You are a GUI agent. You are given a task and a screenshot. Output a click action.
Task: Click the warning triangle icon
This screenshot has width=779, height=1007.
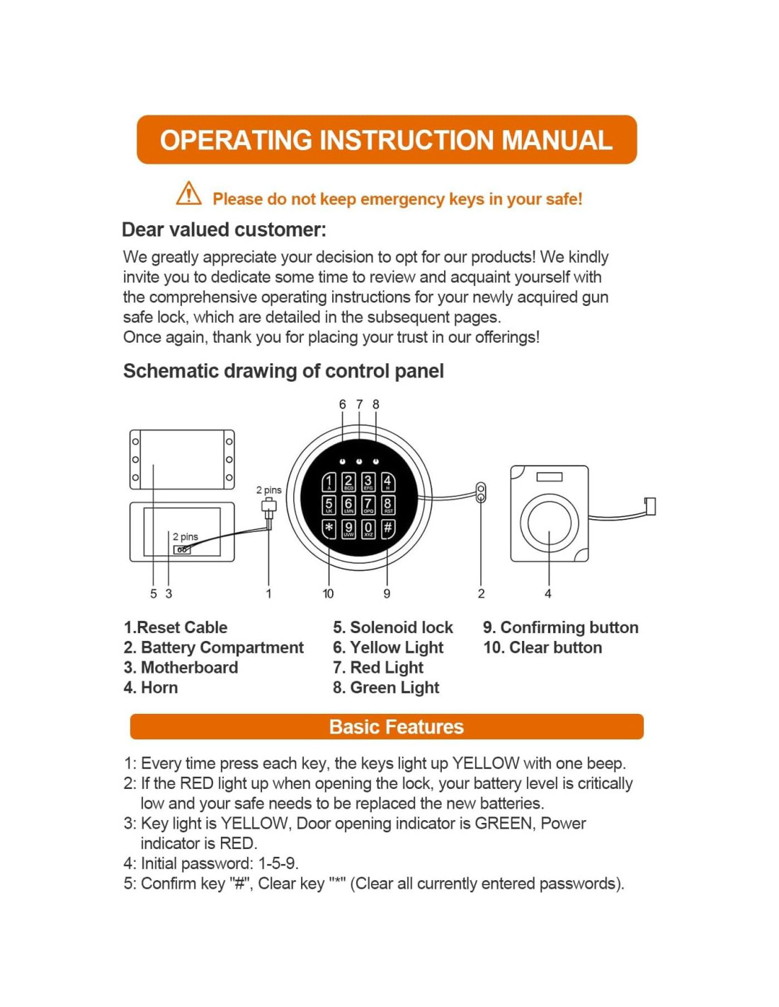(x=188, y=193)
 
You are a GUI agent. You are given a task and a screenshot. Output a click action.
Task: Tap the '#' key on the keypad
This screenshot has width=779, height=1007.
(x=387, y=528)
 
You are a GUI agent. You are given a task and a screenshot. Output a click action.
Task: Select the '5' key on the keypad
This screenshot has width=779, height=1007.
(x=329, y=505)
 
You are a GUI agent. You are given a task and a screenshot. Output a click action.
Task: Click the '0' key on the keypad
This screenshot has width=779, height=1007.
(x=368, y=528)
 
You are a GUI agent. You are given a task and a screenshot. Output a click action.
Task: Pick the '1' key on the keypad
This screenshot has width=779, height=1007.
(x=329, y=482)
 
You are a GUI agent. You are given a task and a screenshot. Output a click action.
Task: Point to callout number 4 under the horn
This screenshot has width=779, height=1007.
(x=548, y=593)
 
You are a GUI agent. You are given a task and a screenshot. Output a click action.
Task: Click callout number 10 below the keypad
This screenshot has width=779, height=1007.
(x=328, y=593)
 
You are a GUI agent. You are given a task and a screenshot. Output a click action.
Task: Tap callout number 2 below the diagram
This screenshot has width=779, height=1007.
(x=482, y=593)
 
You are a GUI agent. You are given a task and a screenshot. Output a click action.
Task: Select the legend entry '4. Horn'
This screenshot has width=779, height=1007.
(x=151, y=688)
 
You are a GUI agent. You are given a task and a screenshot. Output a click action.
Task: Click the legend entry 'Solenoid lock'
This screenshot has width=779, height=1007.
(x=394, y=627)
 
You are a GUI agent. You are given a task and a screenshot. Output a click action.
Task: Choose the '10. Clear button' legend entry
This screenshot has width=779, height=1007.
(x=542, y=647)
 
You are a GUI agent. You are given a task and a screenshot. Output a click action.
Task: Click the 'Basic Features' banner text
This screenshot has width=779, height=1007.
(x=396, y=727)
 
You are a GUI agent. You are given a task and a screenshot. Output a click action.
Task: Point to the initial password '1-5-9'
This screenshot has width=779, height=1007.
(x=277, y=863)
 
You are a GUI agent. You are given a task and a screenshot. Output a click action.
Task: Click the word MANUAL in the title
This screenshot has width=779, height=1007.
(x=557, y=140)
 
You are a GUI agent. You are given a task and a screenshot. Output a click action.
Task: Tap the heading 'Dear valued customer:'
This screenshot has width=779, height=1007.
(x=224, y=229)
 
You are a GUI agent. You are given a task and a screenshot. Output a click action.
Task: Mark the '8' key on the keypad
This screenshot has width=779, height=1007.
(x=388, y=505)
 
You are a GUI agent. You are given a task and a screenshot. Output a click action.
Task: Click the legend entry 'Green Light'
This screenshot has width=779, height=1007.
(x=387, y=688)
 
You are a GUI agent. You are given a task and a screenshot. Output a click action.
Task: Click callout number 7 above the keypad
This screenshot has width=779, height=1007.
(x=359, y=404)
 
